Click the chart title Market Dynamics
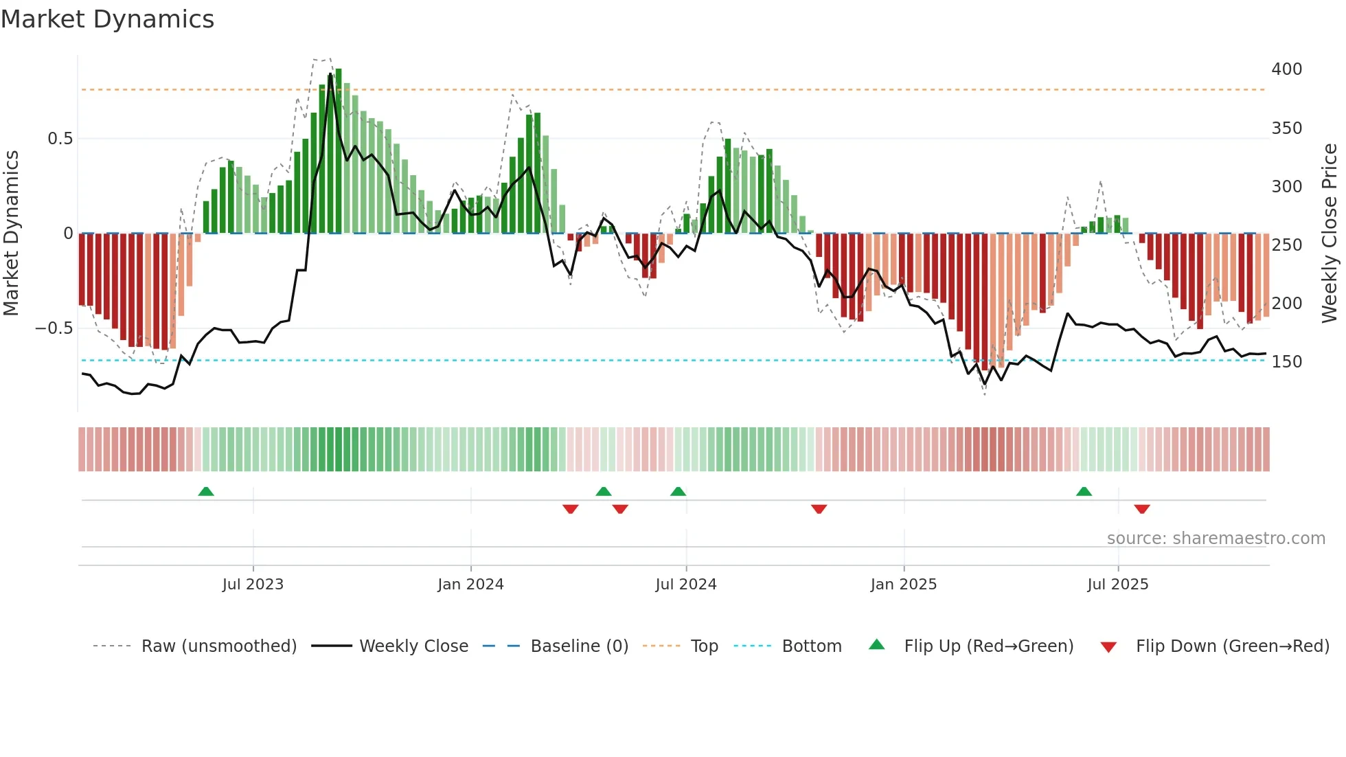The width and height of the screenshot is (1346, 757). click(107, 19)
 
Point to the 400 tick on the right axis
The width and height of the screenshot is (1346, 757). click(1286, 69)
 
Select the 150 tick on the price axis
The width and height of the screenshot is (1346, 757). click(1286, 362)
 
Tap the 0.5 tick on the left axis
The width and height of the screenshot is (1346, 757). click(60, 139)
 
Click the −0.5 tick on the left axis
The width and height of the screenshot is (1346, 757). click(54, 328)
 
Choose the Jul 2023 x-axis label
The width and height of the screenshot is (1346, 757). click(253, 585)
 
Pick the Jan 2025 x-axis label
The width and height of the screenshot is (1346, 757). click(903, 585)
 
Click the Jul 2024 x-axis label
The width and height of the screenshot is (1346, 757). click(685, 585)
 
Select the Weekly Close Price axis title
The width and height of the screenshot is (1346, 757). click(1330, 234)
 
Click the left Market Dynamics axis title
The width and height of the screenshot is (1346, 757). click(11, 234)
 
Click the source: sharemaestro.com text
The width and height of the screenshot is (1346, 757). click(1216, 539)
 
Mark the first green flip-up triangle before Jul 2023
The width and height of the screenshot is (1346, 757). click(206, 491)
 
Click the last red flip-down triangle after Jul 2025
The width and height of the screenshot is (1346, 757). click(1142, 509)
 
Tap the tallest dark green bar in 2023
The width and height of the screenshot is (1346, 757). click(338, 151)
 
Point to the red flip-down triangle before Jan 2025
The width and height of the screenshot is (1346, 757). click(819, 509)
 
